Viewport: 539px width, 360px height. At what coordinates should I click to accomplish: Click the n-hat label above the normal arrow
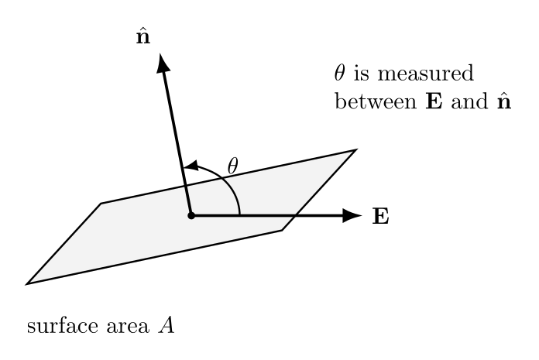coord(143,36)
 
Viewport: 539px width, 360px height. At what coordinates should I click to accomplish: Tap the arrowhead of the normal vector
coord(163,63)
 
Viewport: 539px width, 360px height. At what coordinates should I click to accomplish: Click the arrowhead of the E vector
coord(352,216)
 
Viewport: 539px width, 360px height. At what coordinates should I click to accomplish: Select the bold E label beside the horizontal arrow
coord(381,217)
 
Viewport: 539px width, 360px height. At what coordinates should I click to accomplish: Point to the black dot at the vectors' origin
coord(191,216)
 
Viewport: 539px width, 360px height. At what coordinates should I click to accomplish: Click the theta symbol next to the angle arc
coord(233,166)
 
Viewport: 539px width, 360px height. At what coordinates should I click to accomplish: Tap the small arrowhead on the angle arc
coord(191,166)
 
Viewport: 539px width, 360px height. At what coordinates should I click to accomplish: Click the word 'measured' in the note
coord(426,74)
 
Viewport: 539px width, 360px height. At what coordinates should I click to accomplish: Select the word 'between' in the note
coord(376,102)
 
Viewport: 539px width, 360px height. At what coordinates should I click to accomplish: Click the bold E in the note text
coord(434,102)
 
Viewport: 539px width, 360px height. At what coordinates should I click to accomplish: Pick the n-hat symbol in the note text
coord(504,101)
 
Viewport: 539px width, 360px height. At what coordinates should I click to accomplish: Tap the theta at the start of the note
coord(340,73)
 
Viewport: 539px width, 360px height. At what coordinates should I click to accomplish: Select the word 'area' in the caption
coord(128,327)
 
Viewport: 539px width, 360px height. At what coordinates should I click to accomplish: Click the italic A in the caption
coord(167,326)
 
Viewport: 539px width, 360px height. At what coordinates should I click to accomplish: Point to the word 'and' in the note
coord(469,102)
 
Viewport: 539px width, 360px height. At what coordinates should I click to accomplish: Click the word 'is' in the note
coord(362,74)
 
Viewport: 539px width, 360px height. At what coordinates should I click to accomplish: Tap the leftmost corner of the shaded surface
coord(26,284)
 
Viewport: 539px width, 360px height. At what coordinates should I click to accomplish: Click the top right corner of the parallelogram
coord(356,149)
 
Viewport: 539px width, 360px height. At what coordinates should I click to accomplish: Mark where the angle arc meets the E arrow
coord(239,215)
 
